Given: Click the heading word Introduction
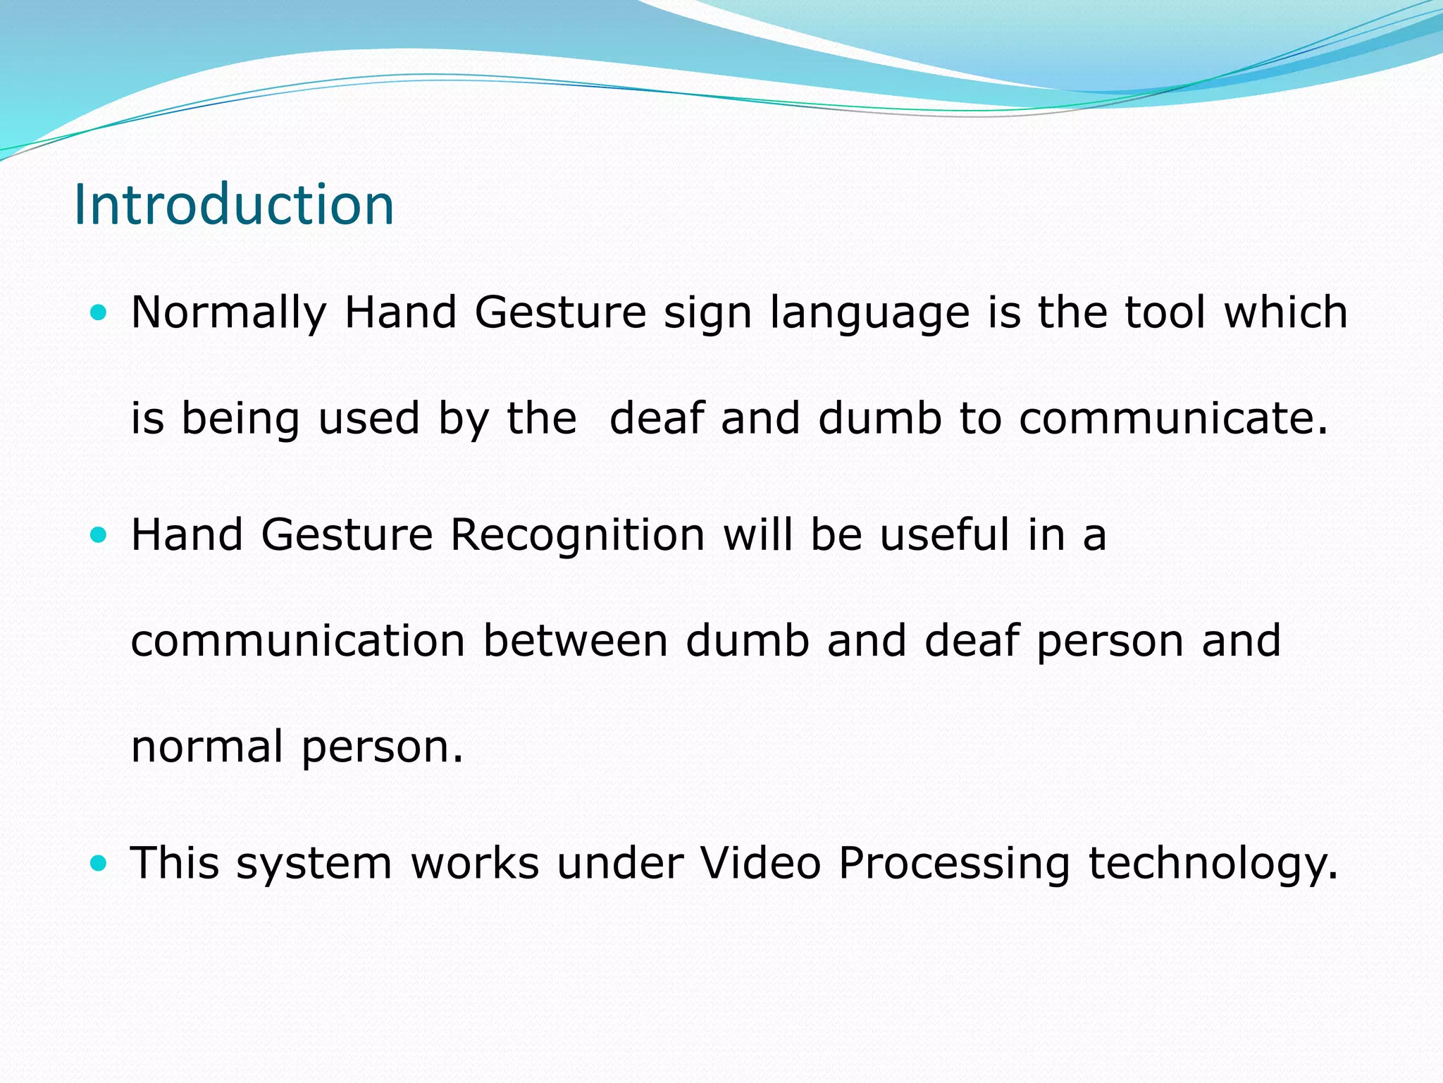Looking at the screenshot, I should [x=233, y=204].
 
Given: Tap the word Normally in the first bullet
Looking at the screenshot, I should [x=229, y=312].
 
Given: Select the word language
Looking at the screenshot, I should [x=869, y=314].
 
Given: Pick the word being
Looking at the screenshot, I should [x=240, y=419].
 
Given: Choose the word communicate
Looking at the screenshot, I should [x=1172, y=418].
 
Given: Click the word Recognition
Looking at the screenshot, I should [x=577, y=534].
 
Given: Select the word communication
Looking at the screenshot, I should [x=298, y=641].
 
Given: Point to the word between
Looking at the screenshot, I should [x=575, y=641].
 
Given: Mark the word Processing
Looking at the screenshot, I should [x=954, y=864].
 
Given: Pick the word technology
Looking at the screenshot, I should [x=1212, y=864].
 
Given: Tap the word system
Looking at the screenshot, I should [x=314, y=864].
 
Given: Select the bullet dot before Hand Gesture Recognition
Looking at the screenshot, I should [x=99, y=535].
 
